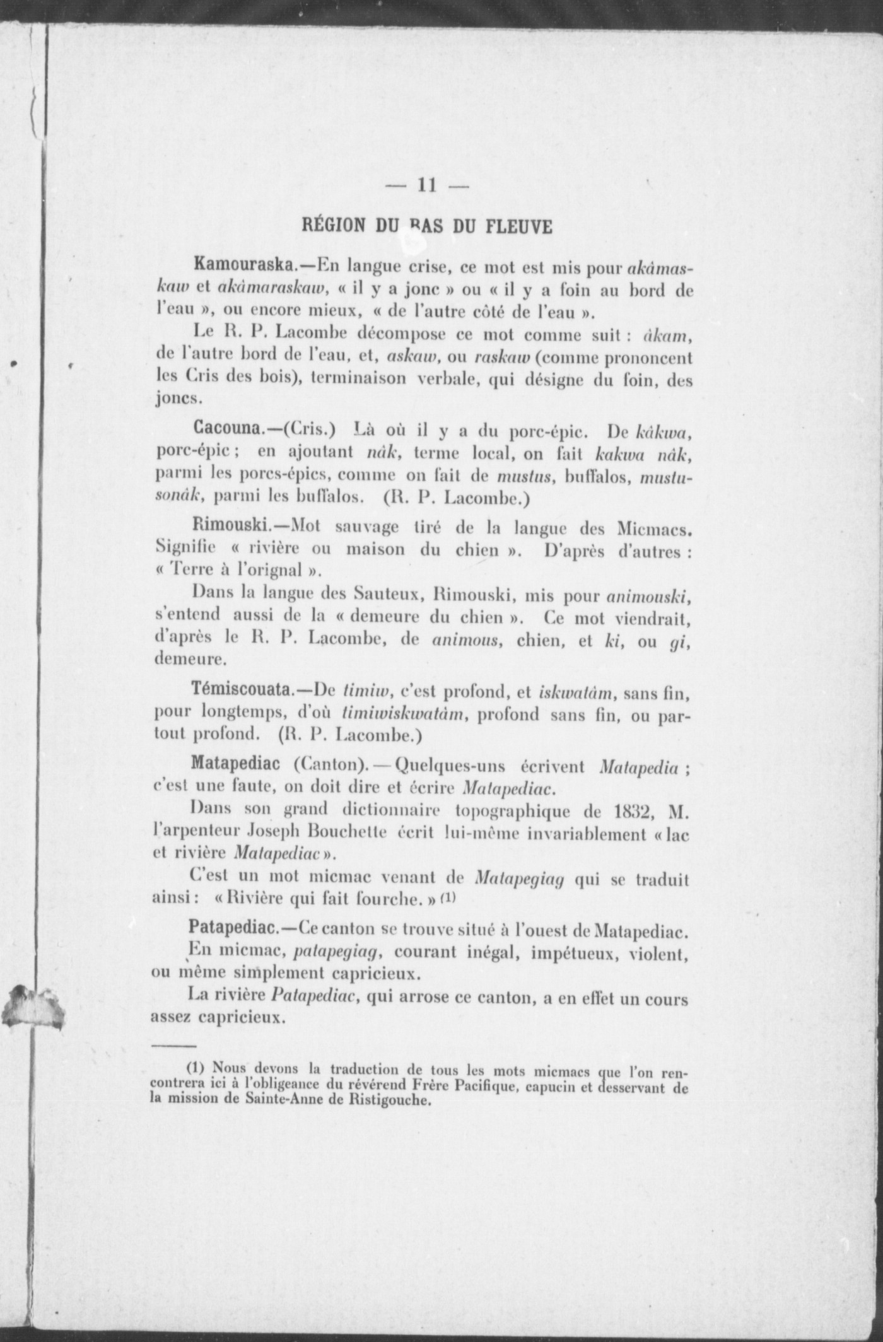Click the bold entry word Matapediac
(235, 764)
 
